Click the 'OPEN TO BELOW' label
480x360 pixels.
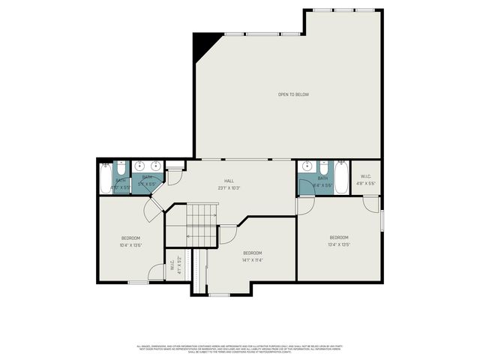pos(293,94)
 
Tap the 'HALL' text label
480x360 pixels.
pos(229,181)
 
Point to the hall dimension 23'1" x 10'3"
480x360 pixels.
pos(229,187)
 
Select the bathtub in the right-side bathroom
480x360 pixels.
pos(341,179)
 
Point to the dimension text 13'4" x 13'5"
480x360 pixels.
pos(339,244)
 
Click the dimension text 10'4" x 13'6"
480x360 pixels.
pos(131,244)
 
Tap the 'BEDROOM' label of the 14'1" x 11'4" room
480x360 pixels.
pos(252,253)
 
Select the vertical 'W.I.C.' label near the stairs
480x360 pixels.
pos(172,265)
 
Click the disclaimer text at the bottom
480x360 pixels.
pos(240,349)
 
